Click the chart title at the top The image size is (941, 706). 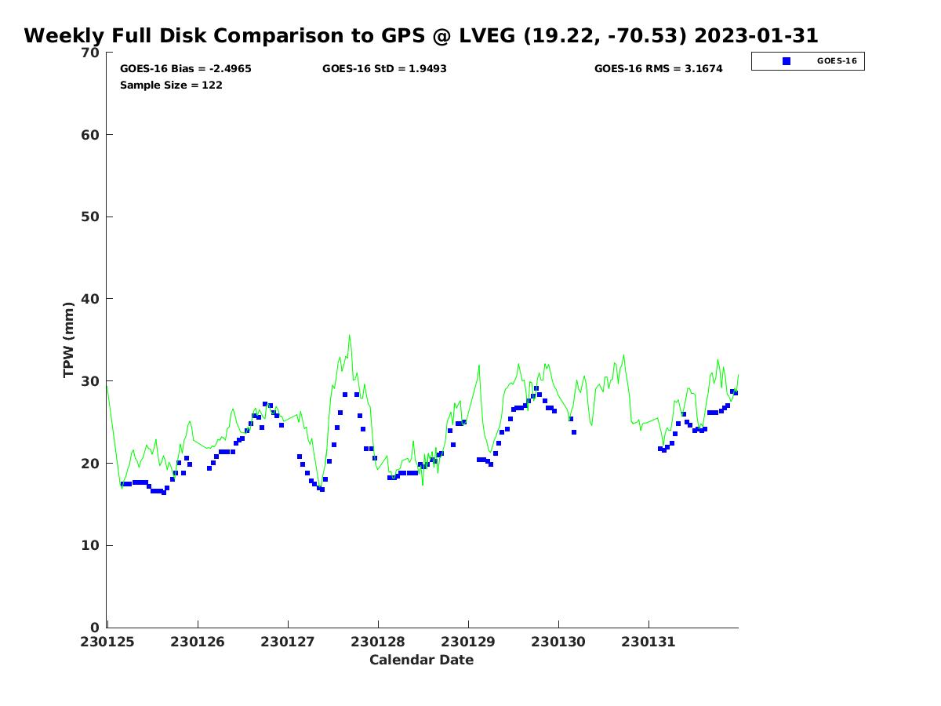pos(421,36)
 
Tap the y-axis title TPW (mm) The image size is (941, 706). pos(69,340)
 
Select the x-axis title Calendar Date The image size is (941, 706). pos(421,660)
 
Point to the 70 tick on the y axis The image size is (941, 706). pos(91,53)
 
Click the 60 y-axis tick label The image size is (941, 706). pos(91,135)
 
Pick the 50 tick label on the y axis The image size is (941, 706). pos(91,217)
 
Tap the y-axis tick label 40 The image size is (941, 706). pos(91,299)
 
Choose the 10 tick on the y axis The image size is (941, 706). pos(91,545)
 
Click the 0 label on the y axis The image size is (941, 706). pos(95,628)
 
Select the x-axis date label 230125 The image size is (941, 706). pos(108,642)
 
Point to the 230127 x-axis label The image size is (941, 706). pos(288,642)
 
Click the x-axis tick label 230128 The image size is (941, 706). pos(378,642)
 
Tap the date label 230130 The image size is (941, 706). pos(558,642)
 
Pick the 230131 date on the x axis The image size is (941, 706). pos(649,642)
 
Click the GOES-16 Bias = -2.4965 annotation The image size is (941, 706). pos(186,69)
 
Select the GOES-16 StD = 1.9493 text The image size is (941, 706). pos(384,69)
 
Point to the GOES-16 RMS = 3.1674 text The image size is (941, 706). pos(659,69)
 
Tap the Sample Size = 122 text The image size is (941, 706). pos(171,85)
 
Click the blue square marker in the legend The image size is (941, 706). pos(787,61)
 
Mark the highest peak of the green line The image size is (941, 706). pos(350,335)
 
